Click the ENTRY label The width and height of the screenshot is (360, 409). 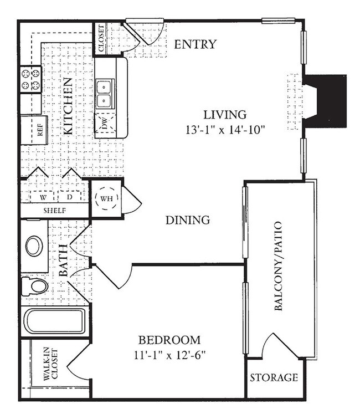196,44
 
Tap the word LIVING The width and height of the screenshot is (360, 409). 225,115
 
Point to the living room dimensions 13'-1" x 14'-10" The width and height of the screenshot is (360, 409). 225,129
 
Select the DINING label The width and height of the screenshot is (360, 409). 188,220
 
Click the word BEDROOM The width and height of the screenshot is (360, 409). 169,340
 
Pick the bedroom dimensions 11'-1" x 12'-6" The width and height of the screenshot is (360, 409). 169,355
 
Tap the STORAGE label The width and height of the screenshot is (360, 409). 274,377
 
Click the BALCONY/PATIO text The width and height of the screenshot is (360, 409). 279,266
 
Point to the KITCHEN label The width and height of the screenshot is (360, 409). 68,106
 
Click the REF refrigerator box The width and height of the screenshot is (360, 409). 34,130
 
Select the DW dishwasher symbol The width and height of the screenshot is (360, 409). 105,122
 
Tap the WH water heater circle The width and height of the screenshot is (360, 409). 106,198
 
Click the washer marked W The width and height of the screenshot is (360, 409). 43,197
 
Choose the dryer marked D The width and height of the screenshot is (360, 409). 69,197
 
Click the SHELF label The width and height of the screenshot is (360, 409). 54,211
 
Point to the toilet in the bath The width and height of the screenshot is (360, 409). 34,286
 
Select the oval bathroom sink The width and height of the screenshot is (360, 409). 34,246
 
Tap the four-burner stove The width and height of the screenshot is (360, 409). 31,79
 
